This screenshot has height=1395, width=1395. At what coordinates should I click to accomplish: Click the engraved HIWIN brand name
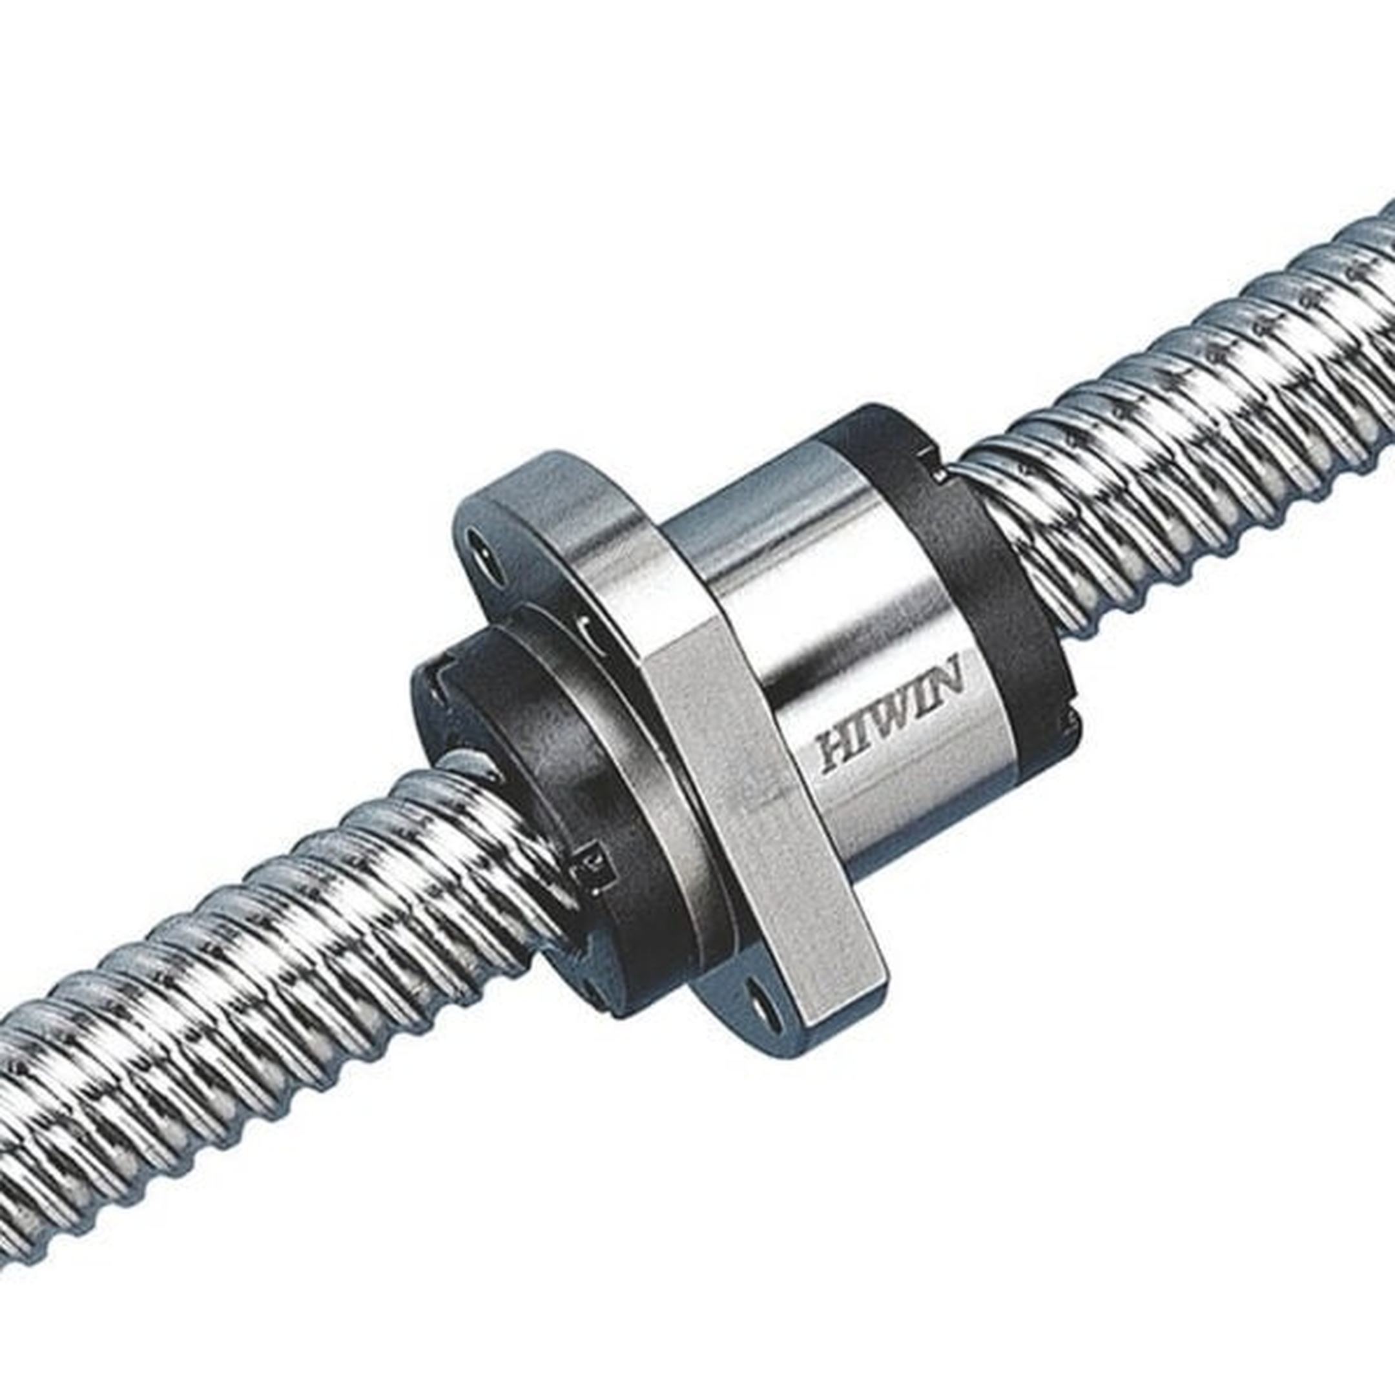pyautogui.click(x=889, y=716)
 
